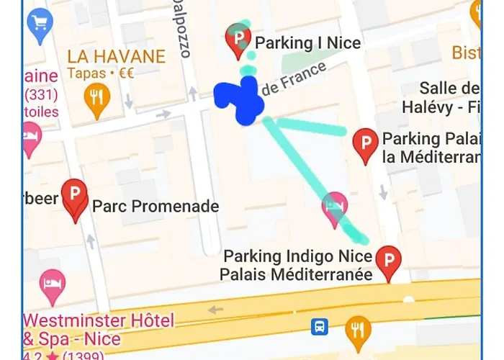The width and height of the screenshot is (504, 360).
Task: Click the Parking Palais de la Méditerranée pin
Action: pos(366,145)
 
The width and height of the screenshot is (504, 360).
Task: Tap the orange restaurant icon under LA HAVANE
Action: pos(96,99)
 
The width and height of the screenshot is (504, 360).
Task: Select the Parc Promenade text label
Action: pos(156,207)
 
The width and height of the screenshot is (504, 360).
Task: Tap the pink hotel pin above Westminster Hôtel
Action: pos(52,285)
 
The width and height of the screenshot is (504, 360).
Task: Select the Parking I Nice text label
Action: pos(308,43)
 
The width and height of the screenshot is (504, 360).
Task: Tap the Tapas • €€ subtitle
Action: pos(101,73)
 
